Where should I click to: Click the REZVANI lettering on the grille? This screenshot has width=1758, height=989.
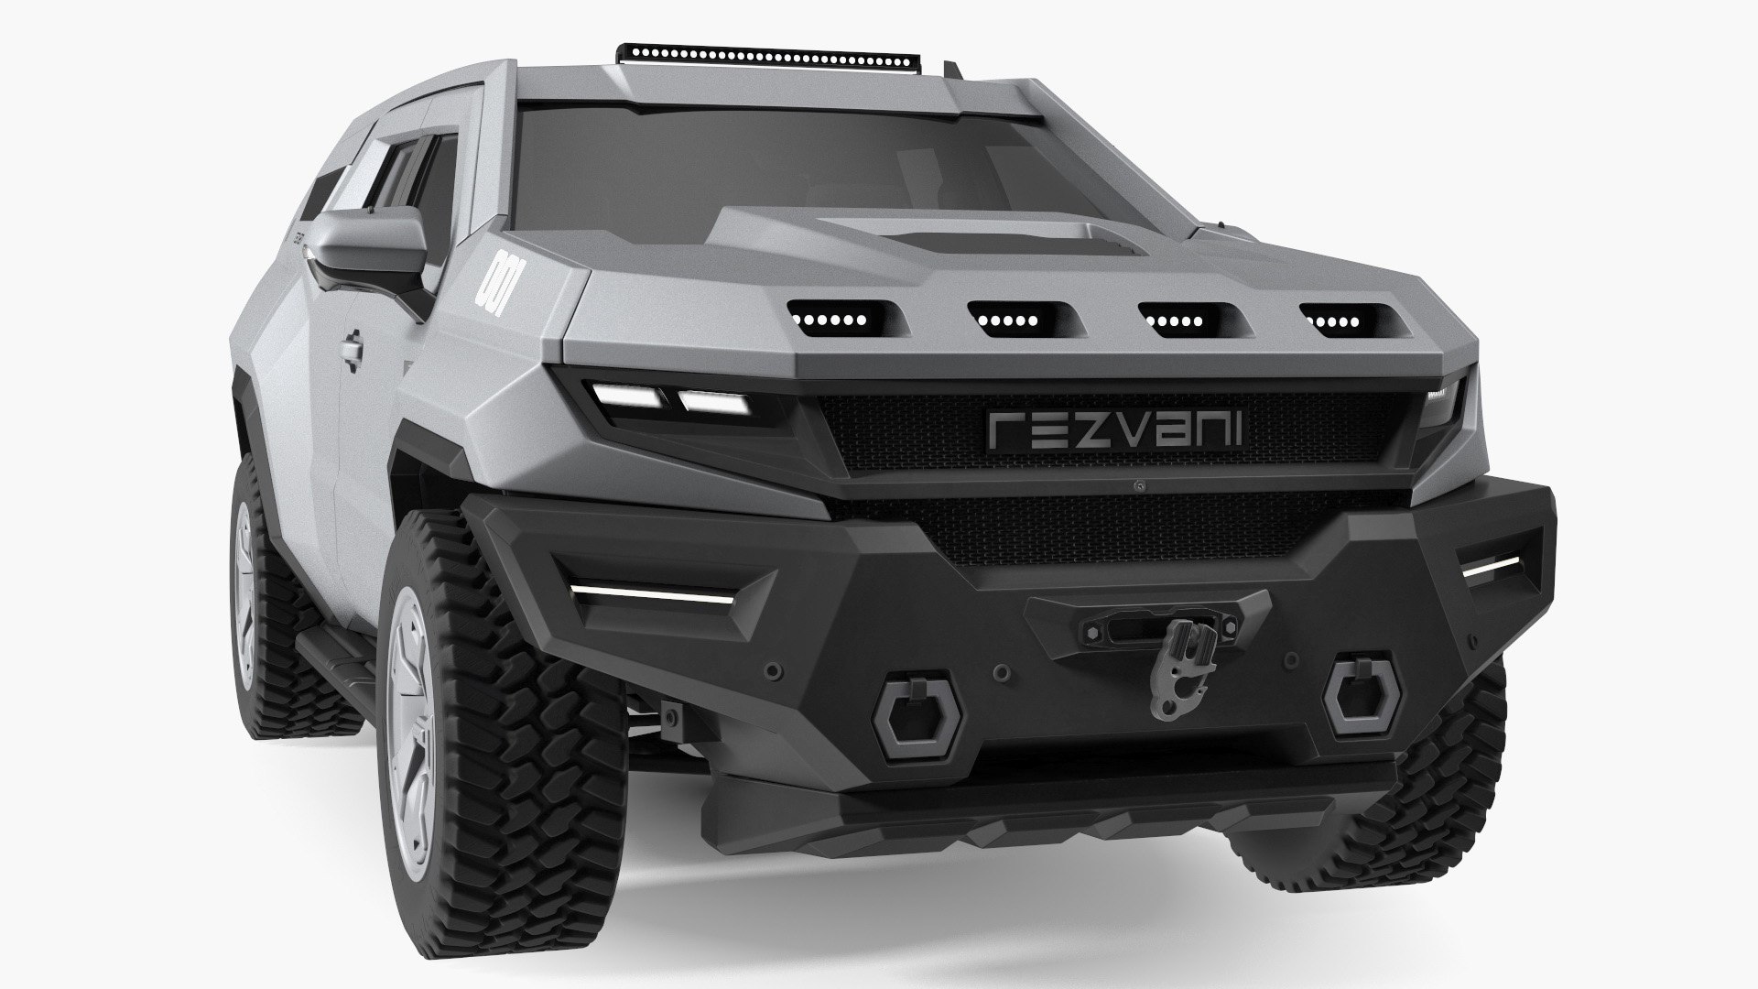(1114, 429)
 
